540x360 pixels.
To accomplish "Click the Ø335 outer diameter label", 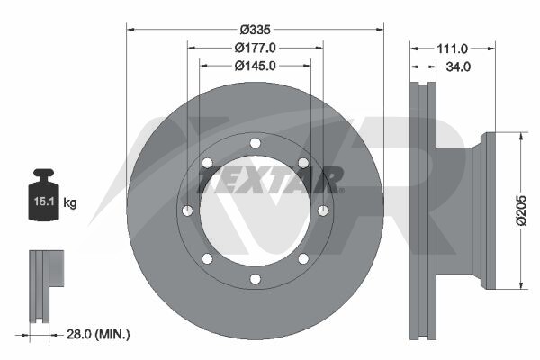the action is (x=256, y=30).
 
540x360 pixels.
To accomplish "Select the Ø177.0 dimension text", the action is (x=256, y=48).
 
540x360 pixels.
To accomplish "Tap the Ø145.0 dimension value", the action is (x=256, y=66).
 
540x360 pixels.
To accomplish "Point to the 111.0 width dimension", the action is (x=452, y=49).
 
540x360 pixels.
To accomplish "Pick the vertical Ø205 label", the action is (x=521, y=211).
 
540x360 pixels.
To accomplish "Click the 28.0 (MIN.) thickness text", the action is (x=98, y=334).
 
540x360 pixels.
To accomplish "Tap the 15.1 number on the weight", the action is (x=44, y=202).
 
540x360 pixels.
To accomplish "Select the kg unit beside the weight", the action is (x=70, y=202).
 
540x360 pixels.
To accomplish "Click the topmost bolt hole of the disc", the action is (x=256, y=143).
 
